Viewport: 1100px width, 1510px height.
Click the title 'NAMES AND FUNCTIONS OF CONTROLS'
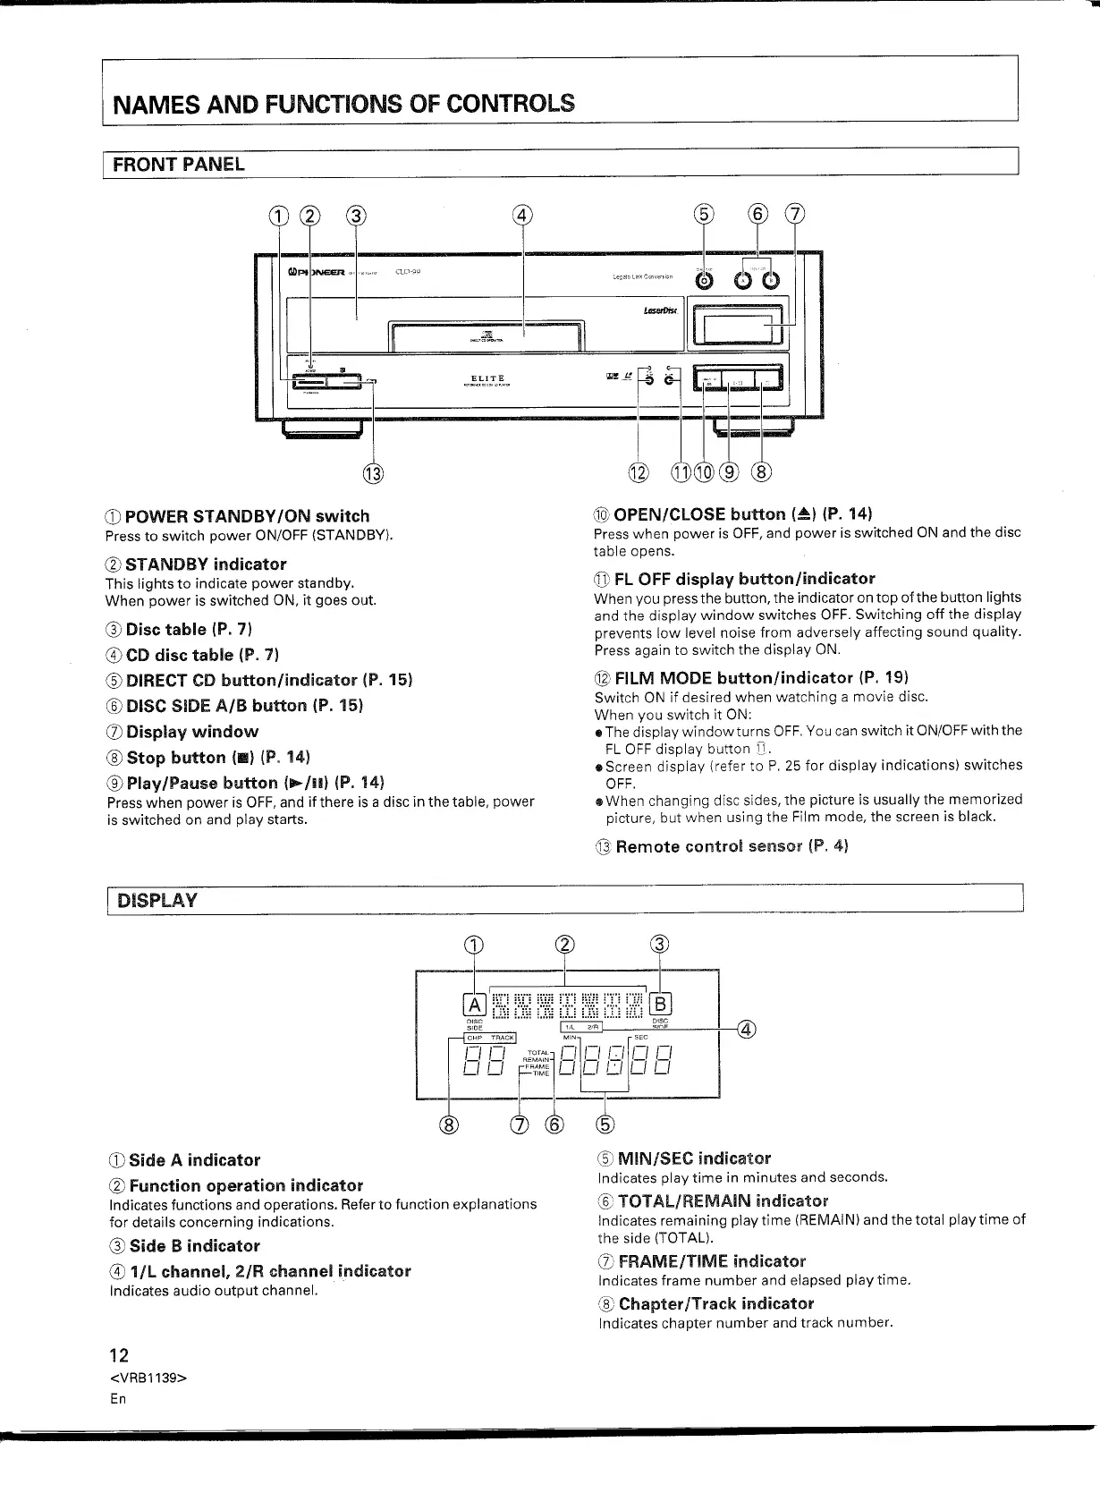point(342,102)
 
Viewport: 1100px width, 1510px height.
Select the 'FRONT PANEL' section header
point(178,165)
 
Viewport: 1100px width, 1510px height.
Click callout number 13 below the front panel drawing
point(373,471)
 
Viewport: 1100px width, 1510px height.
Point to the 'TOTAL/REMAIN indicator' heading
point(723,1200)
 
